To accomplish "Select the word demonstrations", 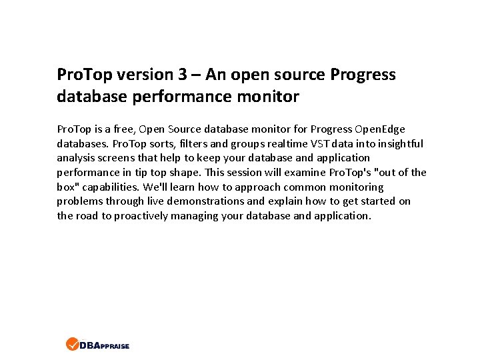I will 207,201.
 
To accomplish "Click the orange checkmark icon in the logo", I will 72,345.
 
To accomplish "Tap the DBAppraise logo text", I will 104,345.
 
